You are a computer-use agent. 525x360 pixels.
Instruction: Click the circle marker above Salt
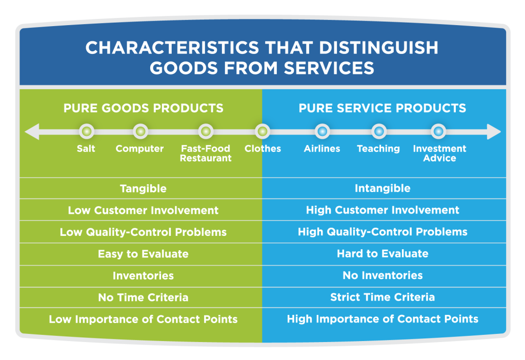[x=86, y=131]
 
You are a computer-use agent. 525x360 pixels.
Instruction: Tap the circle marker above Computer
[x=140, y=131]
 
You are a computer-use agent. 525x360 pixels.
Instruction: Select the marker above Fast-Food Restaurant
[x=206, y=131]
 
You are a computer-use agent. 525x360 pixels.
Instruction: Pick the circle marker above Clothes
[x=262, y=131]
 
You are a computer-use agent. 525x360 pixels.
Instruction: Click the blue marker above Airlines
[x=322, y=131]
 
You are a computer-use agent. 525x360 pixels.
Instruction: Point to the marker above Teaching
[x=379, y=131]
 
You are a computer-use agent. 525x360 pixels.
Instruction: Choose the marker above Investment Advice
[x=438, y=131]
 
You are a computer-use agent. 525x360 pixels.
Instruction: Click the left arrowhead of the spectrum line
[x=32, y=132]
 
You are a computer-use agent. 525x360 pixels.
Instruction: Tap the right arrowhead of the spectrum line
[x=494, y=132]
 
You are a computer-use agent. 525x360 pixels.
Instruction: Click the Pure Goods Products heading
[x=144, y=108]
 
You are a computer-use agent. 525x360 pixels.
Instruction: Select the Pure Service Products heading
[x=382, y=108]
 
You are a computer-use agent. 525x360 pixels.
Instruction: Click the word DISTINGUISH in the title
[x=378, y=48]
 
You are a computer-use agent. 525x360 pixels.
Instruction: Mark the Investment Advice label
[x=439, y=153]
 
